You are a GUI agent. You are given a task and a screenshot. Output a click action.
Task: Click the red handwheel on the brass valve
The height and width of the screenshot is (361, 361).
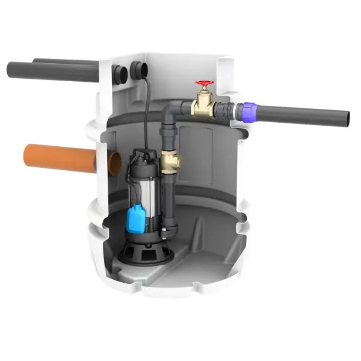[205, 84]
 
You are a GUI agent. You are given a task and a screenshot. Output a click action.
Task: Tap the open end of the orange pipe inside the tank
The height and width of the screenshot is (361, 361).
[114, 164]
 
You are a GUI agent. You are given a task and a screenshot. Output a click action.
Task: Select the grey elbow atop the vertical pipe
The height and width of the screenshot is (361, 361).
[173, 110]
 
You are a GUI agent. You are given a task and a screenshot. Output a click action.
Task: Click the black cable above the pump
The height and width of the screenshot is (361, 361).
[146, 114]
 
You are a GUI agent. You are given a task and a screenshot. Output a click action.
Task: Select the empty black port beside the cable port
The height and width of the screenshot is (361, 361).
[121, 75]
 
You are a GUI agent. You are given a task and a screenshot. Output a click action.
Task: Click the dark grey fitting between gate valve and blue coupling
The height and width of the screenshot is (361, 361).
[226, 110]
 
